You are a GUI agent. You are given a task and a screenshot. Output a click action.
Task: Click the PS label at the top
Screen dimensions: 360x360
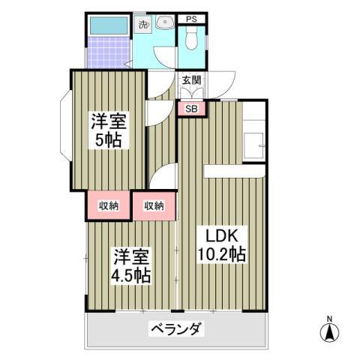point(191,19)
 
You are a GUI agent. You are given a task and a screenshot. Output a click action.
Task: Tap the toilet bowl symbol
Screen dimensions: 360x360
point(191,40)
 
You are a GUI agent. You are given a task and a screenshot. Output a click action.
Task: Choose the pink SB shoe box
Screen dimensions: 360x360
point(192,109)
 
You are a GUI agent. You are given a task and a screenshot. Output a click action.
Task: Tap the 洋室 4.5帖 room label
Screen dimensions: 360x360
point(131,265)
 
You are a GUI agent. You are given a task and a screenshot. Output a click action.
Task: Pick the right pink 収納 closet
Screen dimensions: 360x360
point(154,205)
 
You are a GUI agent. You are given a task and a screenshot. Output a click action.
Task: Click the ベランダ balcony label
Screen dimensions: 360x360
point(176,328)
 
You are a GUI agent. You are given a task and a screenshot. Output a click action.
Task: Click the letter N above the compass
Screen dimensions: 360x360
point(328,317)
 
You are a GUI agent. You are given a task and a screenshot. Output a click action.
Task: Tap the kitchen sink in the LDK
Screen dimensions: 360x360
point(255,142)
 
